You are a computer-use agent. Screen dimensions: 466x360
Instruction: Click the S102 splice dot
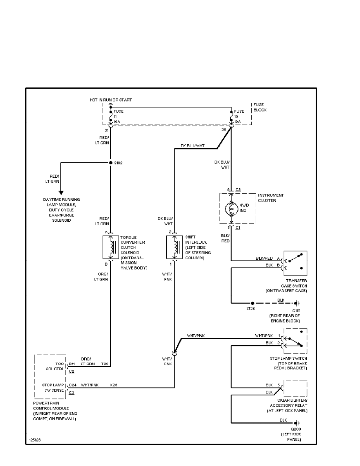pyautogui.click(x=111, y=162)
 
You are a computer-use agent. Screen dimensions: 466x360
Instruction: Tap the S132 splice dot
pyautogui.click(x=253, y=303)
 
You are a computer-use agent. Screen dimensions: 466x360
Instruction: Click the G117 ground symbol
pyautogui.click(x=298, y=303)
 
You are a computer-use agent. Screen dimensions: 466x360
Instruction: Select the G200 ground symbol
pyautogui.click(x=298, y=423)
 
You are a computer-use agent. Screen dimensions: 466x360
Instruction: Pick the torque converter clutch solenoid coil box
pyautogui.click(x=111, y=247)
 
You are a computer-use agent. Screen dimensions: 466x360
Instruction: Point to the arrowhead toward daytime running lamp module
pyautogui.click(x=61, y=192)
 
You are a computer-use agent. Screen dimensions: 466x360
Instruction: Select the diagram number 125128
pyautogui.click(x=35, y=440)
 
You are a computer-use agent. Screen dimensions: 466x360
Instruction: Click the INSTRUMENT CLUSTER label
pyautogui.click(x=271, y=198)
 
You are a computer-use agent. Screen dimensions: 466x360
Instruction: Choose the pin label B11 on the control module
pyautogui.click(x=72, y=364)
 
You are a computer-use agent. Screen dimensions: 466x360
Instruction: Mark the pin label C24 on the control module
pyautogui.click(x=73, y=385)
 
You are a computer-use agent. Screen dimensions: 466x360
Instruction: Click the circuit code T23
pyautogui.click(x=105, y=364)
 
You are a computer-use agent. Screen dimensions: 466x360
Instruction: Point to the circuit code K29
pyautogui.click(x=114, y=385)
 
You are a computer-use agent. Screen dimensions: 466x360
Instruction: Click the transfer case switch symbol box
pyautogui.click(x=295, y=264)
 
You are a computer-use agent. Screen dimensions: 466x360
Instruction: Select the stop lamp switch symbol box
pyautogui.click(x=295, y=341)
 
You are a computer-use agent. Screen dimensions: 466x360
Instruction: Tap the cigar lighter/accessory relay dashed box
pyautogui.click(x=295, y=389)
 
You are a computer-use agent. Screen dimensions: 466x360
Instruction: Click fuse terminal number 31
pyautogui.click(x=106, y=130)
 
